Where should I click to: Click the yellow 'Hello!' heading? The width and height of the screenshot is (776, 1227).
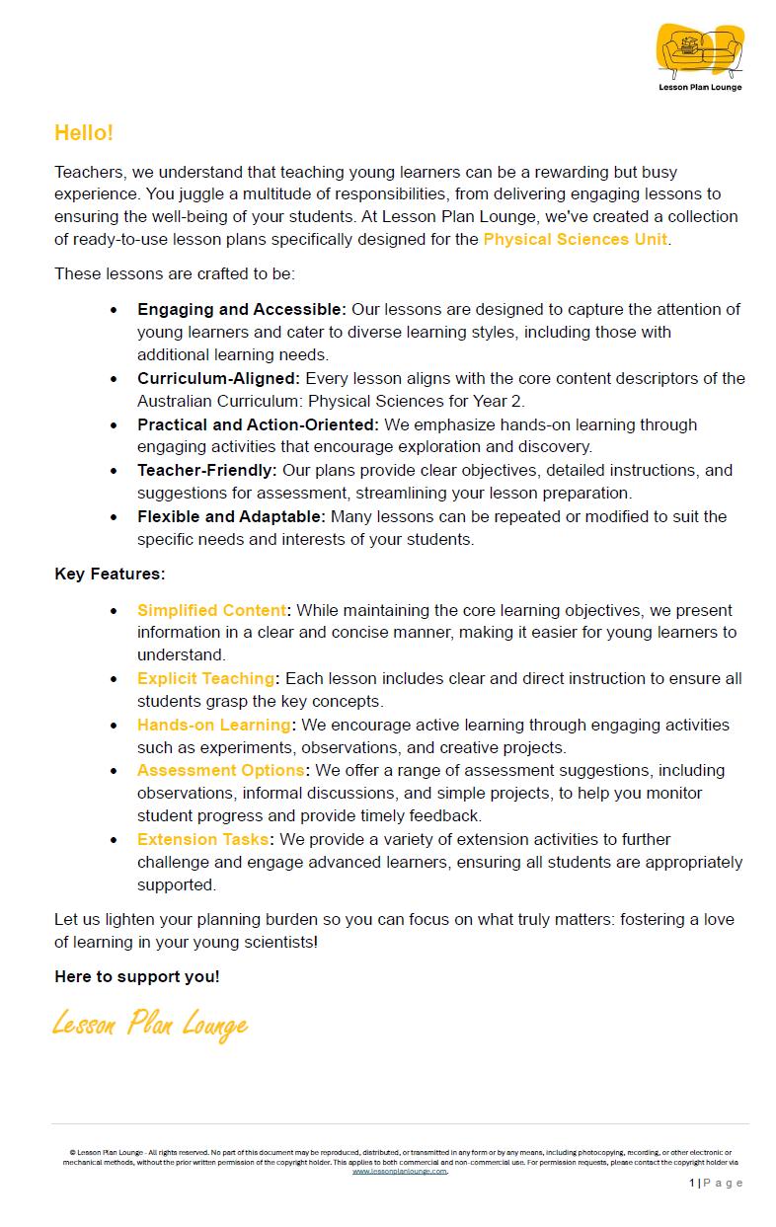[x=84, y=132]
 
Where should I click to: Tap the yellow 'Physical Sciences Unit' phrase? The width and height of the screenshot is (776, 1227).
[x=575, y=239]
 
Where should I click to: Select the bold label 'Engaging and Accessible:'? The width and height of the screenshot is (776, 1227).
[x=242, y=310]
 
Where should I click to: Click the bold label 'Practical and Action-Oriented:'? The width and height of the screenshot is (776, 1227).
[x=258, y=424]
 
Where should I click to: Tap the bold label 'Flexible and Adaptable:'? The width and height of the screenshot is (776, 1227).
[x=231, y=516]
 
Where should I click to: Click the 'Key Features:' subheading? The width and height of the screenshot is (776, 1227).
[x=110, y=574]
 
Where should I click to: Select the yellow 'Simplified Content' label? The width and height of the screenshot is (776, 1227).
[x=211, y=610]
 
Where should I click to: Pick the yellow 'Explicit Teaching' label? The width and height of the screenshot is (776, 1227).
[x=205, y=678]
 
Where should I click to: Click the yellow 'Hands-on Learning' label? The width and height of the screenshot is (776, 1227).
[x=213, y=725]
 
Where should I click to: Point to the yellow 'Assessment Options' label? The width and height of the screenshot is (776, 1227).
[x=220, y=770]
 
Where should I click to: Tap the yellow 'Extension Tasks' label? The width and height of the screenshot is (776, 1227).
[x=202, y=839]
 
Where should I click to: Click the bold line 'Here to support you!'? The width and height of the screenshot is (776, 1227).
[x=137, y=976]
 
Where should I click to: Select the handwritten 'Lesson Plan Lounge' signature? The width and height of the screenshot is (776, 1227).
[x=149, y=1024]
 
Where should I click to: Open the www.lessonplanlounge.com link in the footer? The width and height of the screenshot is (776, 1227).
[x=400, y=1171]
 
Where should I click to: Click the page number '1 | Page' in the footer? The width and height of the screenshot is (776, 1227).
[x=716, y=1183]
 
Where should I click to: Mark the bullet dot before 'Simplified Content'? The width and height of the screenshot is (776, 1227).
[x=115, y=611]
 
